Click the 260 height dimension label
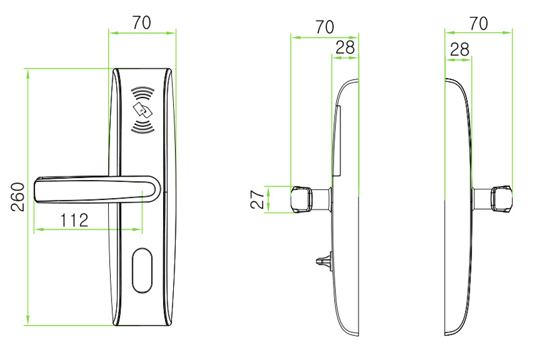(x=18, y=197)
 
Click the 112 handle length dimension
(x=75, y=220)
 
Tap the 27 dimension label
(x=258, y=199)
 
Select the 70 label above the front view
(x=142, y=23)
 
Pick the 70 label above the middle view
(x=325, y=27)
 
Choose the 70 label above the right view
(x=479, y=24)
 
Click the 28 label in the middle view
(x=345, y=48)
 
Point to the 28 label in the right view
(x=460, y=50)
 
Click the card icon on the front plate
(x=143, y=110)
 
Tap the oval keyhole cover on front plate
(x=142, y=270)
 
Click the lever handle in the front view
(x=97, y=190)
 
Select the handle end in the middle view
(x=301, y=199)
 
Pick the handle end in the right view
(x=501, y=199)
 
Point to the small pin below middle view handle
(x=324, y=261)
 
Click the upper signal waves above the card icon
(x=143, y=93)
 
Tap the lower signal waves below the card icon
(x=143, y=127)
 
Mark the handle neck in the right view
(x=481, y=199)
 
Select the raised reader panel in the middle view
(x=338, y=141)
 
